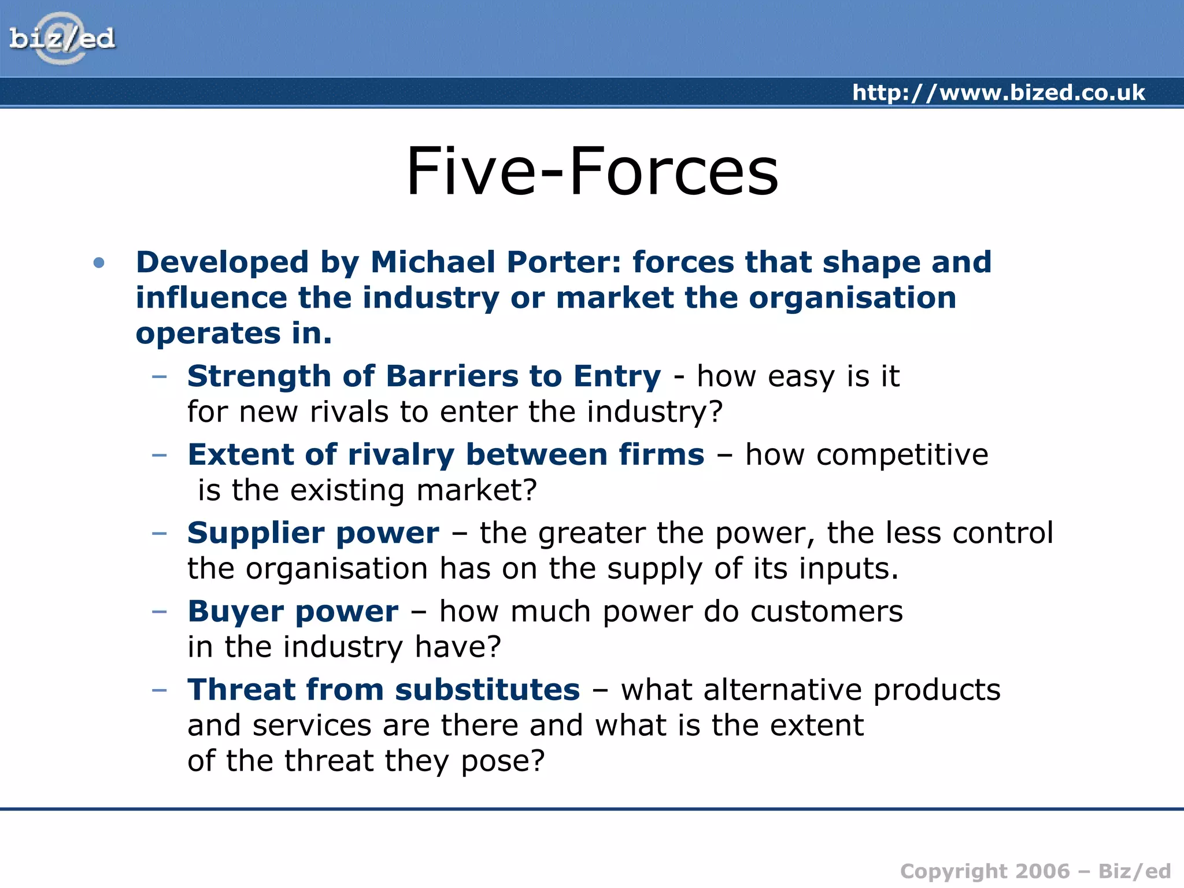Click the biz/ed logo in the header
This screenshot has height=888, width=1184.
(x=62, y=38)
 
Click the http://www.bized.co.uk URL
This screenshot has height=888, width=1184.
(x=998, y=92)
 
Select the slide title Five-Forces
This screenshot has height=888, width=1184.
(x=592, y=172)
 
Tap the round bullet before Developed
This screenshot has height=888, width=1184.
(x=99, y=263)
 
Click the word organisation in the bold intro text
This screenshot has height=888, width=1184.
(x=852, y=298)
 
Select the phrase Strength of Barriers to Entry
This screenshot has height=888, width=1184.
(x=424, y=376)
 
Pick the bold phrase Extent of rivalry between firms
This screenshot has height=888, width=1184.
(x=446, y=454)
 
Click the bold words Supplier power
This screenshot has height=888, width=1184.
(x=313, y=533)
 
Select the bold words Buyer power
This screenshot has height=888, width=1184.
(x=293, y=612)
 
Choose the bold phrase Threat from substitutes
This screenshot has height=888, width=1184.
(x=383, y=690)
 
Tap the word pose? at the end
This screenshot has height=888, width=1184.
(x=502, y=761)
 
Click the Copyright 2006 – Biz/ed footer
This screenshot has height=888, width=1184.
(x=1035, y=871)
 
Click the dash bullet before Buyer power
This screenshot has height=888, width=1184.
(x=159, y=612)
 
